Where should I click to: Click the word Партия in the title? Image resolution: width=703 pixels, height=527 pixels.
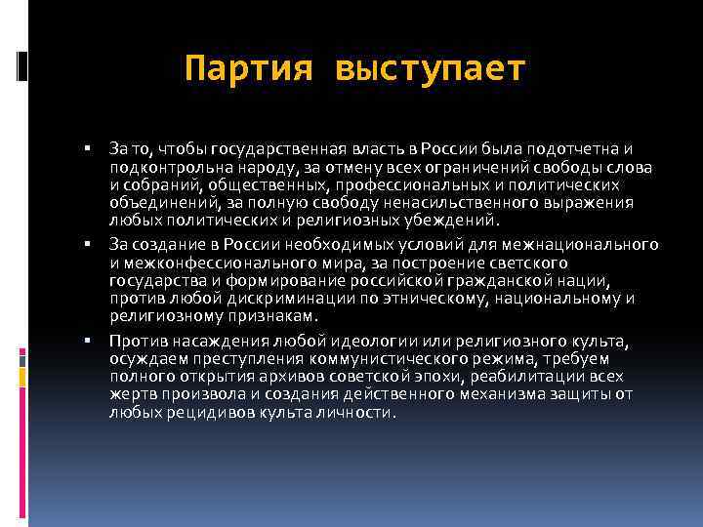click(x=248, y=69)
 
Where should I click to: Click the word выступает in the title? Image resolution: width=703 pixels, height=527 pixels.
click(x=430, y=69)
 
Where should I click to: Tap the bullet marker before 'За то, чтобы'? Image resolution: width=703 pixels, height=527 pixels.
click(x=87, y=148)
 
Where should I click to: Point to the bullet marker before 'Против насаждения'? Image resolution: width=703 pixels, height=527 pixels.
click(x=87, y=341)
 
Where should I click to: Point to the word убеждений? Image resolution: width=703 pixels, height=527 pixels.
click(x=453, y=220)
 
